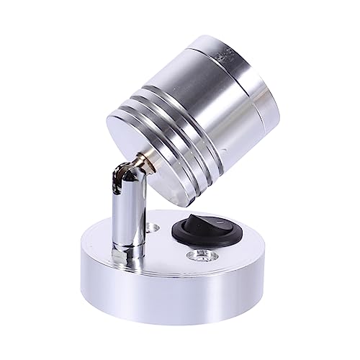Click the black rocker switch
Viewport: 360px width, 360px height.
(197, 232)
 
